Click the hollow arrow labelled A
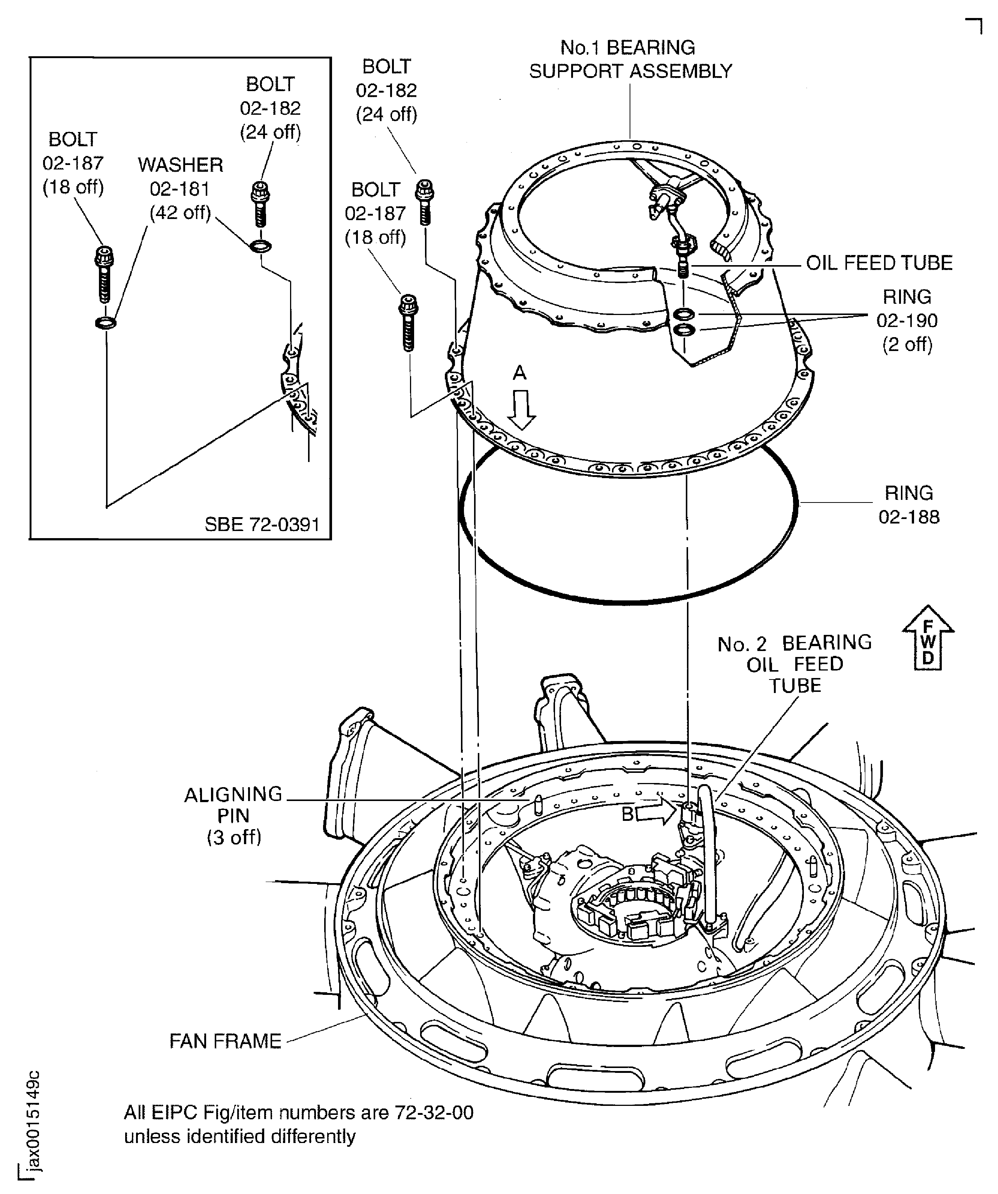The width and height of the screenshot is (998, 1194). point(521,409)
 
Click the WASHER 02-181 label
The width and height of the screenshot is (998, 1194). point(180,188)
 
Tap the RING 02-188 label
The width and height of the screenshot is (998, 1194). point(909,504)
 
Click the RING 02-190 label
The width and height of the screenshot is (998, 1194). point(907,320)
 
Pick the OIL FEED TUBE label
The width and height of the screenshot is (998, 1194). point(879,263)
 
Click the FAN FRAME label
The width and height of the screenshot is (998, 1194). point(226,1041)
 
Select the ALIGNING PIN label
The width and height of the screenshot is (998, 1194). point(233,815)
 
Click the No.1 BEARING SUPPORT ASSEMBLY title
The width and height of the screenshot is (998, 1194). point(630,59)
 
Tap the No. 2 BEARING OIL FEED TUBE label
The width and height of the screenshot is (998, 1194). point(795,664)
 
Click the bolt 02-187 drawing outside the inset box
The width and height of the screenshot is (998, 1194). point(408,322)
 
